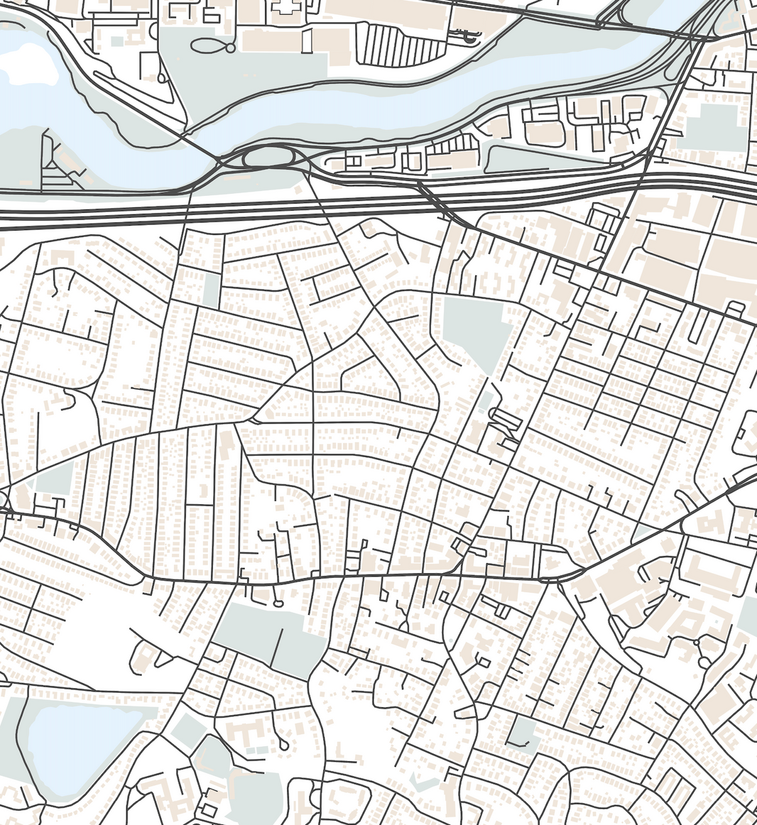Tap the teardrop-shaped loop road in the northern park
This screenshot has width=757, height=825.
point(212,47)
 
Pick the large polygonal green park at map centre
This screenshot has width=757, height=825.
point(474,327)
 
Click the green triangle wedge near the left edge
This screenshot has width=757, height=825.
point(53,479)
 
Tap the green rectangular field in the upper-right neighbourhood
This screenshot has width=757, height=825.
point(710,128)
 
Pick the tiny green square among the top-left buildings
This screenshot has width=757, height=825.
point(117,41)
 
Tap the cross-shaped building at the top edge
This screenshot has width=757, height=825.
point(285,7)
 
